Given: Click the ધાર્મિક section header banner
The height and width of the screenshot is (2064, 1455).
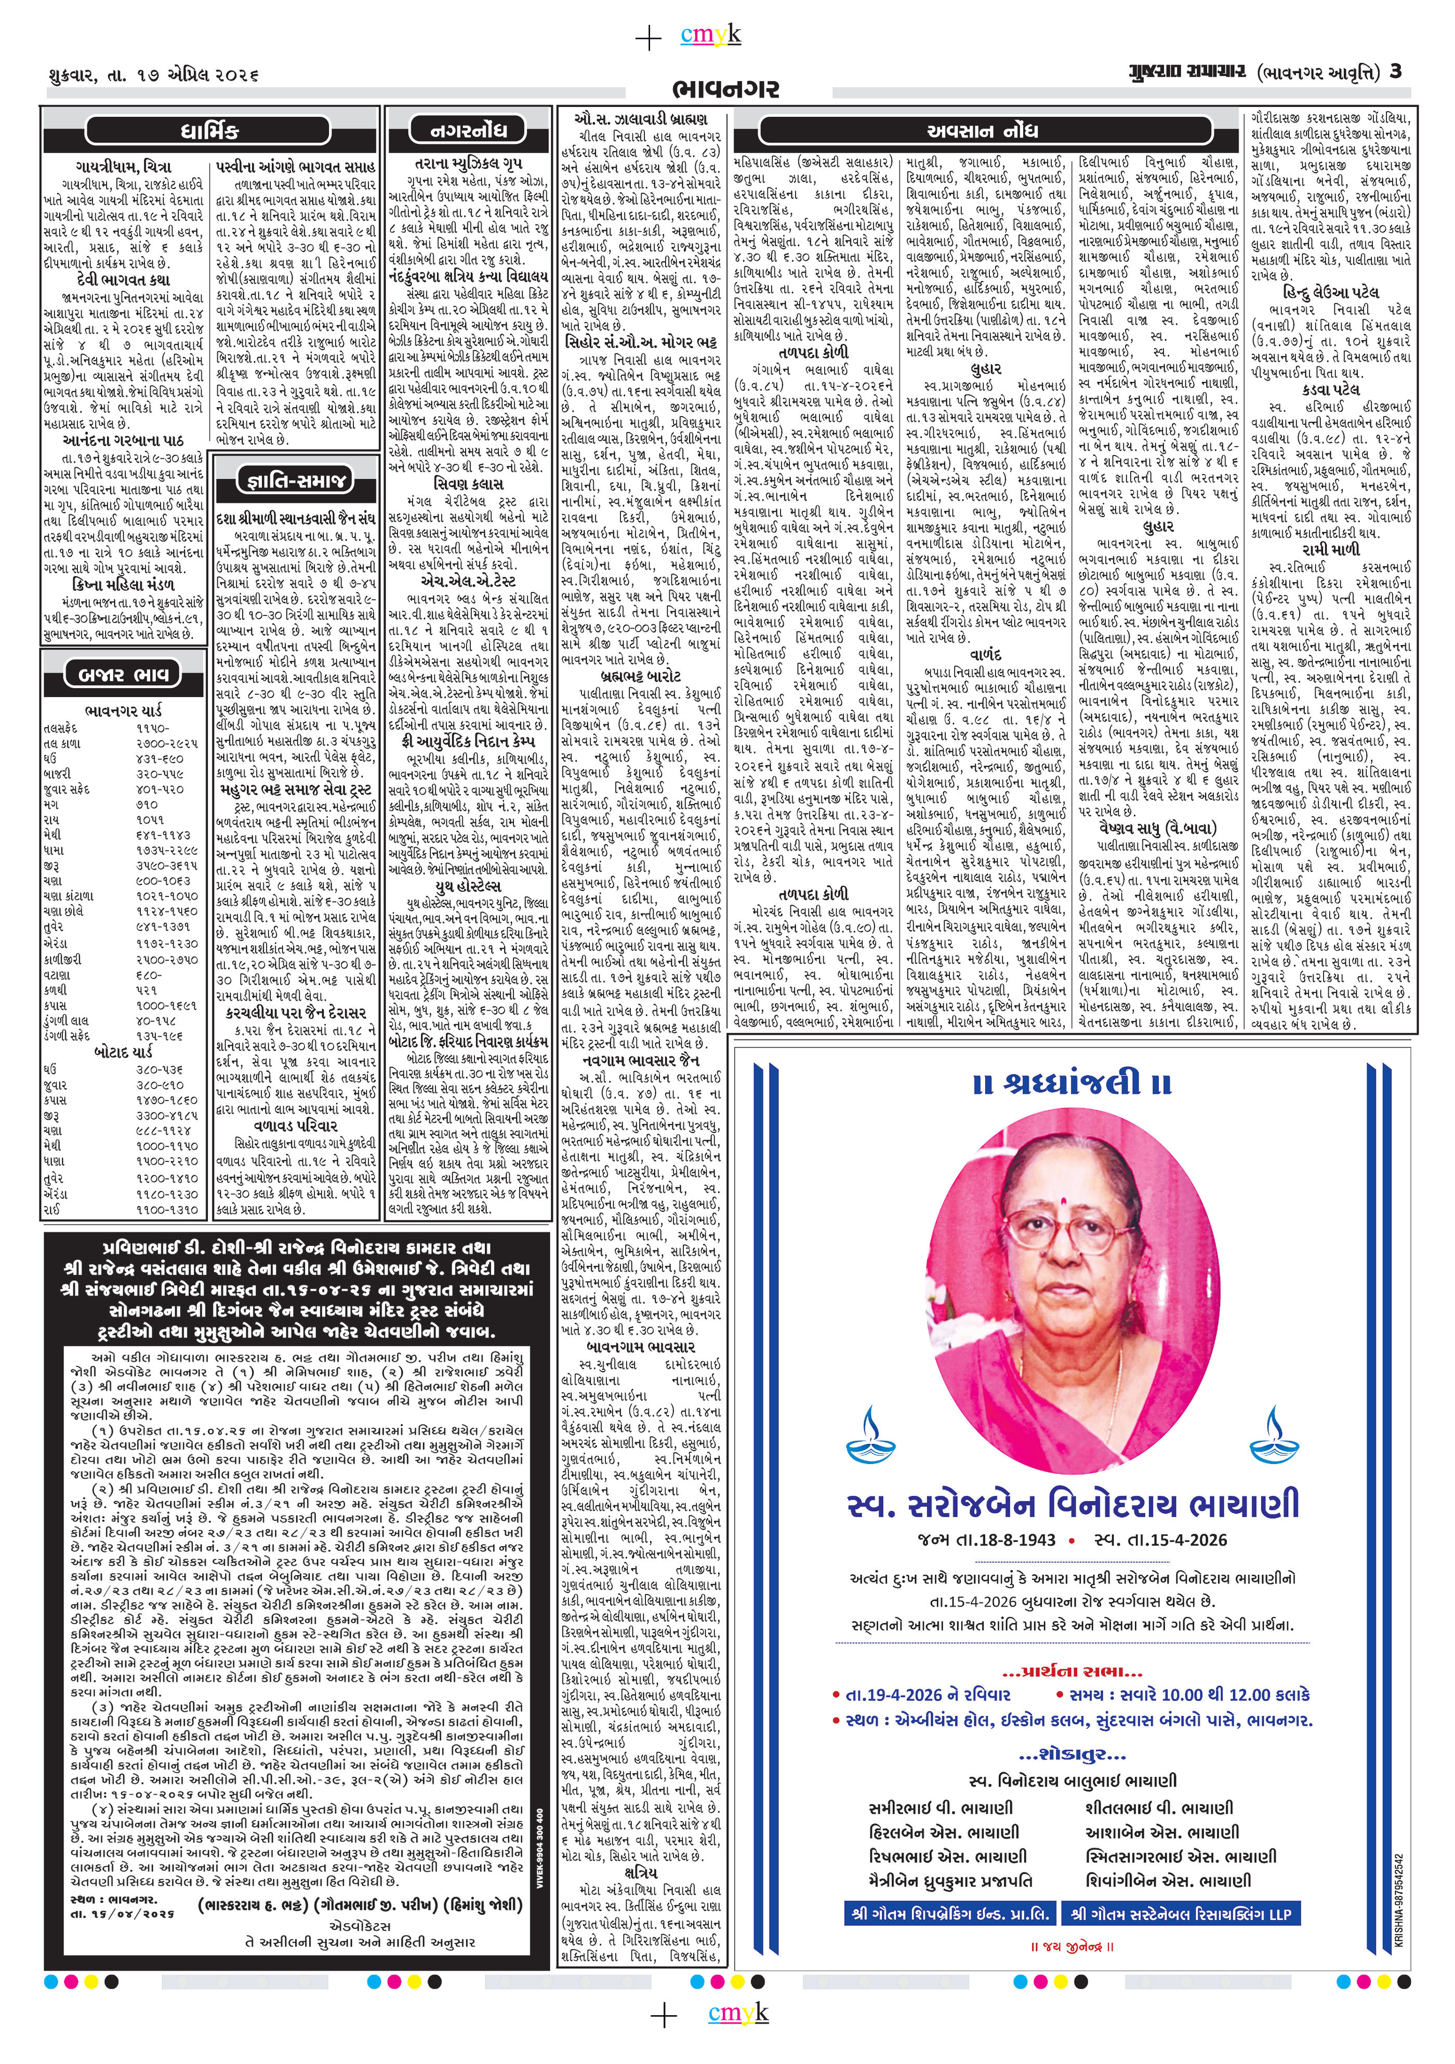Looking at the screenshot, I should pos(208,131).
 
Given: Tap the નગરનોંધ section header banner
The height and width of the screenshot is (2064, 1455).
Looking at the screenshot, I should pos(468,131).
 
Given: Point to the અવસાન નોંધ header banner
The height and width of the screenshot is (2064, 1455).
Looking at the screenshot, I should pos(982,131).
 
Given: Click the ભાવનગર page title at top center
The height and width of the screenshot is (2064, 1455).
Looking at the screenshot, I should pos(726,89).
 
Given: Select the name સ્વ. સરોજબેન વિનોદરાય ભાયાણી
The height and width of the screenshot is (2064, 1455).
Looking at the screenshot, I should pos(1073,1504).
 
